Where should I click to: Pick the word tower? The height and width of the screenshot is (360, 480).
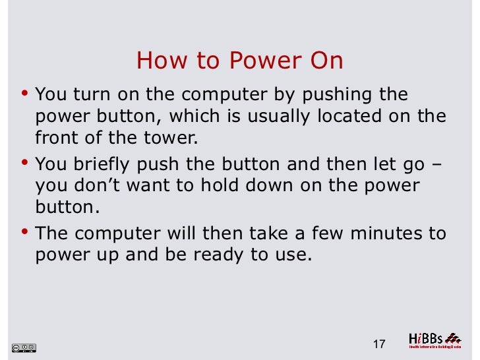click(174, 139)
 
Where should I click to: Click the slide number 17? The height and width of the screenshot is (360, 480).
click(378, 344)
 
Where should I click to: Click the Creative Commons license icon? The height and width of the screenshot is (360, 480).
click(24, 347)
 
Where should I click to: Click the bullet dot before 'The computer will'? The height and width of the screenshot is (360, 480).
click(24, 231)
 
